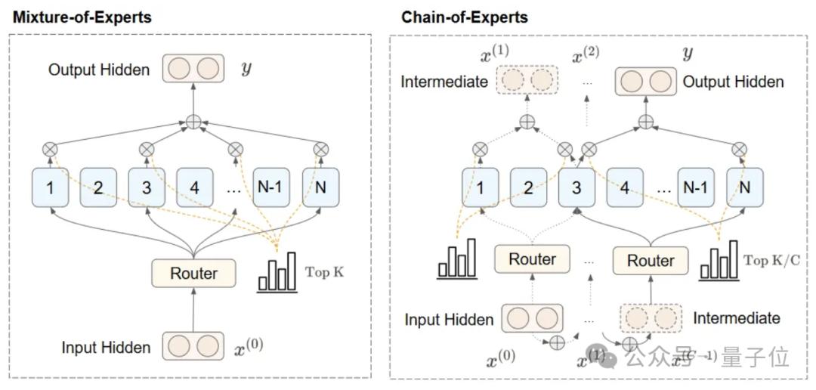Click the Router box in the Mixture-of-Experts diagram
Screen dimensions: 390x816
click(194, 274)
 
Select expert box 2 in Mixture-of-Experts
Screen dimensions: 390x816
click(98, 187)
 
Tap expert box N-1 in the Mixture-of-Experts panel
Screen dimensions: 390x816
click(271, 187)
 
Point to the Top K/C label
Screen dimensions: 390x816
click(772, 260)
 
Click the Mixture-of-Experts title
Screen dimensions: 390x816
click(81, 17)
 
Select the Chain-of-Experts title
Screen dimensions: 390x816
click(465, 17)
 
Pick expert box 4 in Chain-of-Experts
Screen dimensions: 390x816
click(625, 187)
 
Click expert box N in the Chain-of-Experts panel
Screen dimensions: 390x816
click(745, 187)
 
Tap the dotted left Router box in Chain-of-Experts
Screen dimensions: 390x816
click(532, 259)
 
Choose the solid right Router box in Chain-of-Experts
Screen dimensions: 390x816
click(651, 261)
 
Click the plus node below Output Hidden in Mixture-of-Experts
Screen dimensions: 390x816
click(194, 120)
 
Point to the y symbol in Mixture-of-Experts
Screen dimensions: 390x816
click(246, 69)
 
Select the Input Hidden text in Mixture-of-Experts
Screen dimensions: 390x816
click(106, 348)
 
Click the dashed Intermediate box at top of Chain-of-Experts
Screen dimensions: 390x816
click(526, 81)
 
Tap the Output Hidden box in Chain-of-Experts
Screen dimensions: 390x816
click(646, 82)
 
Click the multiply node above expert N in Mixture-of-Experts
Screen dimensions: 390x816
click(320, 148)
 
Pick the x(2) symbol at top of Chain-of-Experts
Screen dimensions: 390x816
click(586, 56)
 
